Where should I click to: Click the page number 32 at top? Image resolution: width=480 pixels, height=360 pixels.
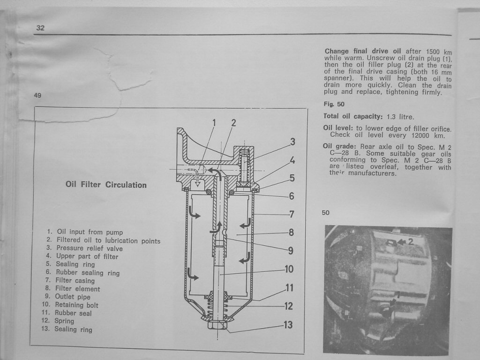tap(40, 28)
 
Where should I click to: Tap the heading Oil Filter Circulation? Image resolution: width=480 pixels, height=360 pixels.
tap(106, 185)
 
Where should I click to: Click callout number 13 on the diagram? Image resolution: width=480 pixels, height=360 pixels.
tap(288, 324)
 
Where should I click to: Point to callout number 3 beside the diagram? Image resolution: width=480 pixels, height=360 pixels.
tap(292, 142)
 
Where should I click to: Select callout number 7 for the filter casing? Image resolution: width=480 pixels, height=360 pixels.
tap(292, 214)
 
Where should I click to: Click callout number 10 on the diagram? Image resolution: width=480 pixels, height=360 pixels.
tap(289, 269)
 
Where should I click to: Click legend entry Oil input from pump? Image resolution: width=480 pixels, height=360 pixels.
tap(90, 232)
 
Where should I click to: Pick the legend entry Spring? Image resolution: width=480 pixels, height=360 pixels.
tap(64, 321)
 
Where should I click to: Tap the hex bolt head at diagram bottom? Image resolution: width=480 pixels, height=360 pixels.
tap(218, 325)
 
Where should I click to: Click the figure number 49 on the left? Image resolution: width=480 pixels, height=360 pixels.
tap(38, 96)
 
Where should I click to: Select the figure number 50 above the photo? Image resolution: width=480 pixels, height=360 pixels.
tap(326, 213)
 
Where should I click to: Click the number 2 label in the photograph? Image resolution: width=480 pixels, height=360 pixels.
tap(411, 242)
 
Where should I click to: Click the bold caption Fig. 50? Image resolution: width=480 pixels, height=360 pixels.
tap(334, 104)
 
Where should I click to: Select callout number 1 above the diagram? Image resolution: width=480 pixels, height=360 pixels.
tap(214, 123)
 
